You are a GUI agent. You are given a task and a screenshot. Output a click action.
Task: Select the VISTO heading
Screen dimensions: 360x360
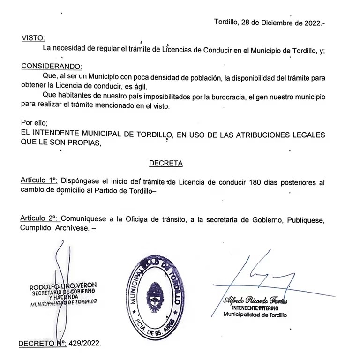pos(32,38)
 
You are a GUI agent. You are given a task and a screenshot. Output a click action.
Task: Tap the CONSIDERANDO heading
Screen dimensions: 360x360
pos(51,66)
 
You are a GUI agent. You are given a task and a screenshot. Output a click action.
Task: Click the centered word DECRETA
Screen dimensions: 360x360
pos(165,163)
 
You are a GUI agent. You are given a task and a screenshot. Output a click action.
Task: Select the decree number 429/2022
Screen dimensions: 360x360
pos(84,343)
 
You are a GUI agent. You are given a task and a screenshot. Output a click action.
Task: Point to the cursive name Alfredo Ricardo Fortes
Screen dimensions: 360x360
pos(255,300)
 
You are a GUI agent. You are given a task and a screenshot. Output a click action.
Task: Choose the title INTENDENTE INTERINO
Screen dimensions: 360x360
pos(255,308)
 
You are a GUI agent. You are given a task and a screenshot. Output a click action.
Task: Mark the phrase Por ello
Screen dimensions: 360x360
pos(34,123)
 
